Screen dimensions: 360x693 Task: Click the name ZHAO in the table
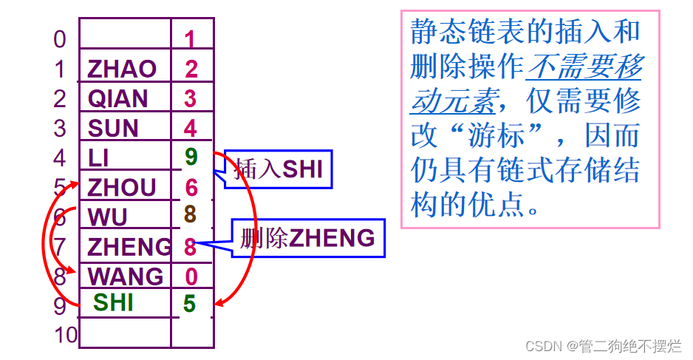pos(122,69)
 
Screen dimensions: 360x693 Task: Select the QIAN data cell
pos(118,98)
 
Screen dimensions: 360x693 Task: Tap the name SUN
pos(113,128)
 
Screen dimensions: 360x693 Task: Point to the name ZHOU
pos(122,187)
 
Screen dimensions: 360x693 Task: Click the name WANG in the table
pos(126,276)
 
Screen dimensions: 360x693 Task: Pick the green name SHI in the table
pos(113,302)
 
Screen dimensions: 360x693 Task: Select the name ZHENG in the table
pos(129,246)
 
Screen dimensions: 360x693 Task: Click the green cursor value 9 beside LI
pos(191,157)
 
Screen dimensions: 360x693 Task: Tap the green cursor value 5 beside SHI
pos(191,304)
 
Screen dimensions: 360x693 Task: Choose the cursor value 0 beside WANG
pos(191,276)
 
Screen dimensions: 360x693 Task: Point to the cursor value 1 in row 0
pos(191,39)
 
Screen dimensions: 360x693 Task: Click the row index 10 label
pos(66,335)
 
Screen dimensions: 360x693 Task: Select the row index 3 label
pos(60,128)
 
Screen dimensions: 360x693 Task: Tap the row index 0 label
pos(60,39)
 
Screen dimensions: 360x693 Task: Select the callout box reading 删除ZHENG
pos(308,238)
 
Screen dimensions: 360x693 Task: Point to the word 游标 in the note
pos(508,137)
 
